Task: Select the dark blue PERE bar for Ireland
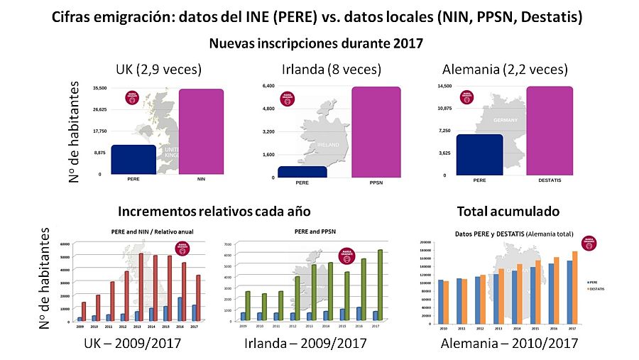pyautogui.click(x=302, y=172)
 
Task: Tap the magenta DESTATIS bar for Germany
pyautogui.click(x=545, y=131)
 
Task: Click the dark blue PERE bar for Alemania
pyautogui.click(x=480, y=155)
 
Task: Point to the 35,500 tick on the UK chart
pyautogui.click(x=99, y=88)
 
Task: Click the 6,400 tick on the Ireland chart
pyautogui.click(x=268, y=86)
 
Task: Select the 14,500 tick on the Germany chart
pyautogui.click(x=444, y=87)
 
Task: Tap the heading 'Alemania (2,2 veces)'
pyautogui.click(x=505, y=70)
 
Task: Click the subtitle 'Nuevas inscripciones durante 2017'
pyautogui.click(x=316, y=43)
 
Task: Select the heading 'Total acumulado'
pyautogui.click(x=508, y=211)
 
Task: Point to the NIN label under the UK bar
pyautogui.click(x=200, y=180)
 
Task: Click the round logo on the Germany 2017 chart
pyautogui.click(x=466, y=96)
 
